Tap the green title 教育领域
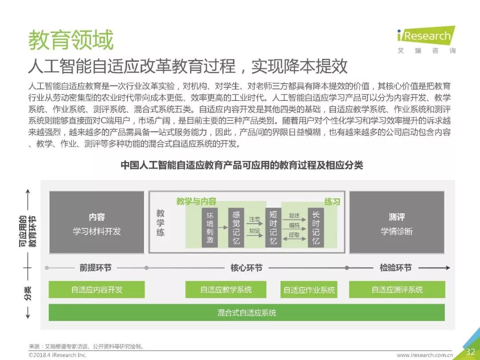click(x=71, y=40)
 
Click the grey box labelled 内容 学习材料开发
click(x=96, y=223)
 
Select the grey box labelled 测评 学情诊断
click(x=396, y=223)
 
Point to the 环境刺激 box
click(x=210, y=227)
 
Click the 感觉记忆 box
click(x=236, y=227)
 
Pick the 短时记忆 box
click(x=273, y=227)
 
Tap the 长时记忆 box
click(x=316, y=227)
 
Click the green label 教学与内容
click(x=196, y=201)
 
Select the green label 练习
click(x=332, y=202)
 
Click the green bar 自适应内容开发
click(x=96, y=290)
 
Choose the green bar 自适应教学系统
click(x=226, y=290)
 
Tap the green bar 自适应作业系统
click(x=309, y=290)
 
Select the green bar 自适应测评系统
click(x=397, y=290)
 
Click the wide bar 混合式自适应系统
click(x=247, y=312)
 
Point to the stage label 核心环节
click(x=246, y=268)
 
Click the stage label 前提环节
click(x=96, y=268)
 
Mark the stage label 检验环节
click(x=396, y=268)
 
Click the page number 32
click(x=470, y=352)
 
